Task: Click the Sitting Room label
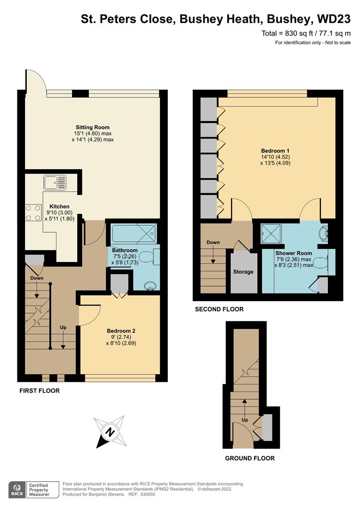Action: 92,127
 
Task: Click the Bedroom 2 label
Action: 121,330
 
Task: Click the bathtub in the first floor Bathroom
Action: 132,232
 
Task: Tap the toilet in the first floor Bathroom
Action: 148,257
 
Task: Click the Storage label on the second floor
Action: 243,272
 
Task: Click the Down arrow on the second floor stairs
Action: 213,252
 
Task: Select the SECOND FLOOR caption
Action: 219,310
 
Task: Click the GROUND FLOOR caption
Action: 250,458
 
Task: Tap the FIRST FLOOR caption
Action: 40,391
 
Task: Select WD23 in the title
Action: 334,19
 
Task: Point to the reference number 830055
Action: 142,494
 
